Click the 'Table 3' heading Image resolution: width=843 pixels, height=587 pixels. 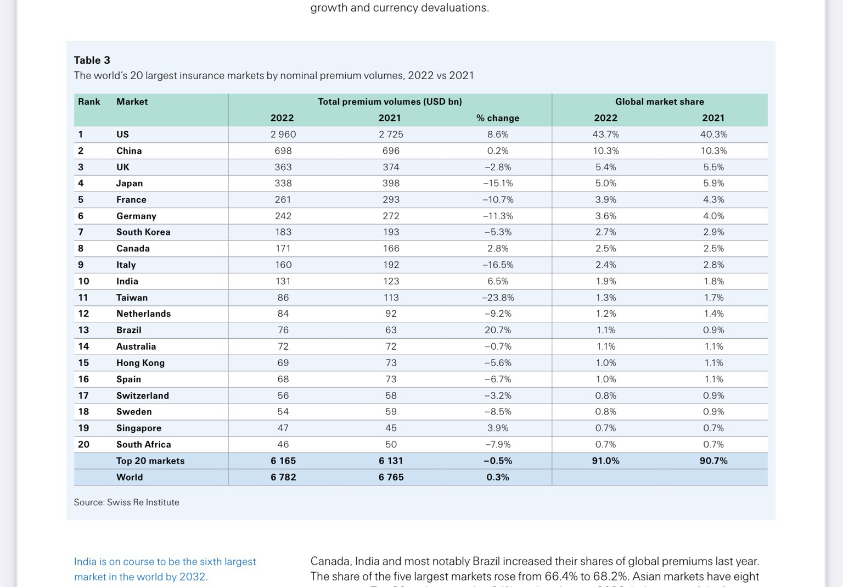coord(92,60)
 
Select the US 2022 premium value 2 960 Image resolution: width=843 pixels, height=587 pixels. coord(283,135)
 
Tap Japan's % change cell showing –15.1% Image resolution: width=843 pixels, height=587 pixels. coord(498,183)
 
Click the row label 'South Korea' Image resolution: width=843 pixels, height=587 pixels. coord(143,232)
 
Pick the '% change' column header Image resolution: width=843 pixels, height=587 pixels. coord(498,118)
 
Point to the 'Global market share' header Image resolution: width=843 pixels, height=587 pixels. coord(659,102)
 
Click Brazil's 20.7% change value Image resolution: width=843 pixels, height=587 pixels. coord(498,330)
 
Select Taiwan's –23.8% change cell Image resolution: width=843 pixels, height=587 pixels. coord(498,298)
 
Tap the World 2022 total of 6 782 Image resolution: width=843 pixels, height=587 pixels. coord(283,477)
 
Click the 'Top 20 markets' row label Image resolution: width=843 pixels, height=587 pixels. coord(150,461)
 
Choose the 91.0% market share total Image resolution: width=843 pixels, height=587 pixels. coord(605,461)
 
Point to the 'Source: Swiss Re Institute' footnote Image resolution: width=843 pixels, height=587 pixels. coord(126,502)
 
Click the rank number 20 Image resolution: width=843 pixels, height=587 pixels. coord(83,444)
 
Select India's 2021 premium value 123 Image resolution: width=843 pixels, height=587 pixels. coord(391,281)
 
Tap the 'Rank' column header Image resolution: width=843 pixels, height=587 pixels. coord(89,102)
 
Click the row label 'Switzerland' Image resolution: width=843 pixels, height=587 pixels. coord(143,395)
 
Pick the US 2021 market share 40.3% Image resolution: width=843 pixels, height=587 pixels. coord(713,135)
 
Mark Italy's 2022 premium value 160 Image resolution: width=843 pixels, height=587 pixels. coord(283,265)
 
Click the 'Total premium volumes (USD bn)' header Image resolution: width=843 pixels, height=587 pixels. coord(390,102)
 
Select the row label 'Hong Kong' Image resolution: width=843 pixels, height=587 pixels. coord(140,363)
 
